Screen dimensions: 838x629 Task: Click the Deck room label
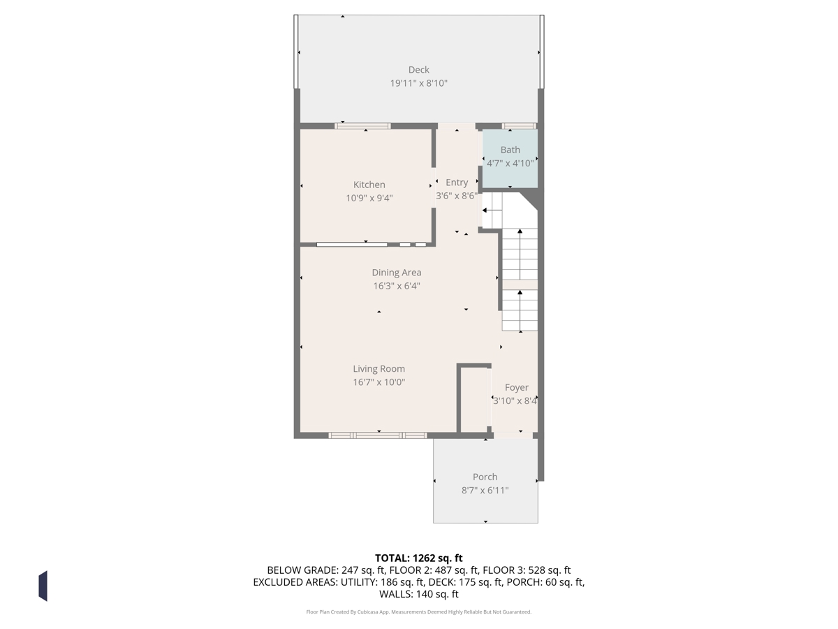(x=418, y=70)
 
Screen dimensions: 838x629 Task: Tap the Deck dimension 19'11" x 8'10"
(x=418, y=83)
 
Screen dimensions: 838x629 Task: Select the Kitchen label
(x=369, y=185)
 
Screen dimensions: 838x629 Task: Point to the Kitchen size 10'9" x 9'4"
(x=369, y=198)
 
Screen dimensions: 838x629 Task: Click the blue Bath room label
(x=510, y=150)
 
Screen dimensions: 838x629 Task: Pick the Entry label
(x=457, y=182)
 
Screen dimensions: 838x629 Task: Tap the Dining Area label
(x=396, y=273)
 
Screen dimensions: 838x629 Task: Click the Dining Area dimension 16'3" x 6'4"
(x=396, y=286)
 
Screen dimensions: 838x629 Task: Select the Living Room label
(x=378, y=369)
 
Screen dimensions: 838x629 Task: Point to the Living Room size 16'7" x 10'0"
(x=378, y=382)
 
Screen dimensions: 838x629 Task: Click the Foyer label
(x=516, y=388)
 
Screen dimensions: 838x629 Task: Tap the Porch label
(x=485, y=477)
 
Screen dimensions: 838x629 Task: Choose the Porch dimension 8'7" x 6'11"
(x=485, y=491)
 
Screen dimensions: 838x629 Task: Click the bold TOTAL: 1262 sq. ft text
(x=418, y=558)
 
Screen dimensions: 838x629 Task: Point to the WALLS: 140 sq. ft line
(x=418, y=594)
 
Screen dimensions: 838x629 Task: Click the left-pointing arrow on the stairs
(x=492, y=210)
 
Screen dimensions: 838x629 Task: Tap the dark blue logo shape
(x=43, y=587)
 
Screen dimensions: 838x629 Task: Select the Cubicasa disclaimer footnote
(x=418, y=612)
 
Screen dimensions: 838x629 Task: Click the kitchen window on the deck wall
(x=362, y=126)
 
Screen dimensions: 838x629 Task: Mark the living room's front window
(x=378, y=435)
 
